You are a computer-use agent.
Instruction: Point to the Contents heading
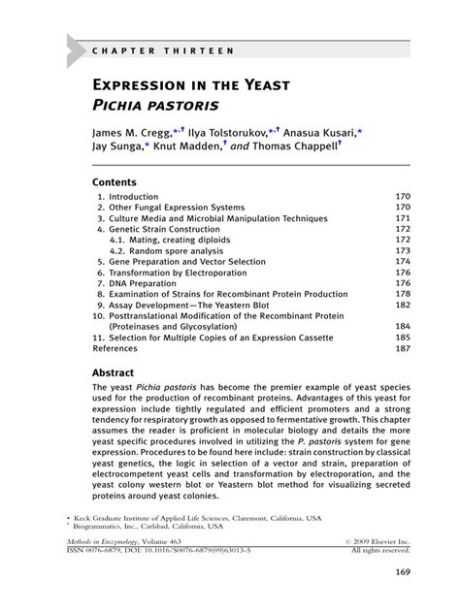point(115,181)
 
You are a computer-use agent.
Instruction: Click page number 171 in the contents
point(403,219)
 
